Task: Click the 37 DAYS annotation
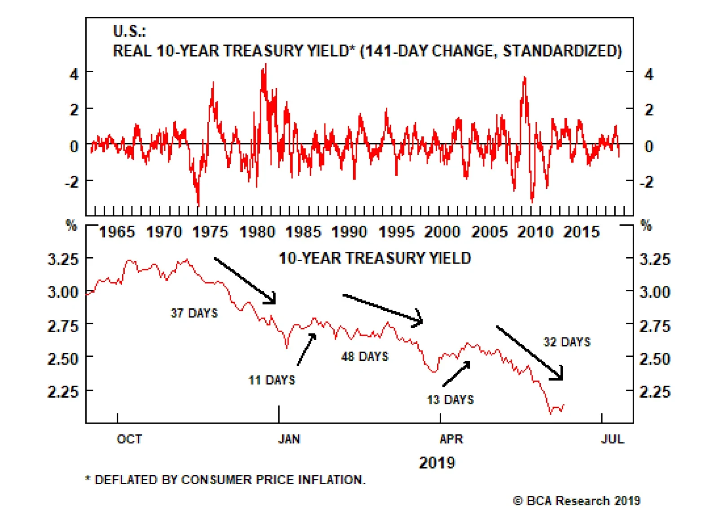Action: [194, 313]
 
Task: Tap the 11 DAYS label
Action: [271, 380]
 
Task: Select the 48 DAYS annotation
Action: [364, 356]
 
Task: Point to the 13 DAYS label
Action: [450, 399]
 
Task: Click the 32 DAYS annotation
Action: [567, 342]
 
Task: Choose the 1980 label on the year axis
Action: [257, 232]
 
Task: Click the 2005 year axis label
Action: [489, 232]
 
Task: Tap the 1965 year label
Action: [117, 232]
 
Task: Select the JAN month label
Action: [289, 439]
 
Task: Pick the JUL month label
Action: [612, 439]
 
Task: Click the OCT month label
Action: [129, 439]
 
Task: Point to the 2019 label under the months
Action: [437, 463]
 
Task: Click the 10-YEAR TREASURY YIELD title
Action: [375, 258]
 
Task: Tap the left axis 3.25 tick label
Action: [63, 259]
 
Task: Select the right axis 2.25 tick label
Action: [654, 392]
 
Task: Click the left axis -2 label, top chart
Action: [72, 182]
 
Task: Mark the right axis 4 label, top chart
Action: [649, 74]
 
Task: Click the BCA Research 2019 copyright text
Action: [577, 501]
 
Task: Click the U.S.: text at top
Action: [129, 31]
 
